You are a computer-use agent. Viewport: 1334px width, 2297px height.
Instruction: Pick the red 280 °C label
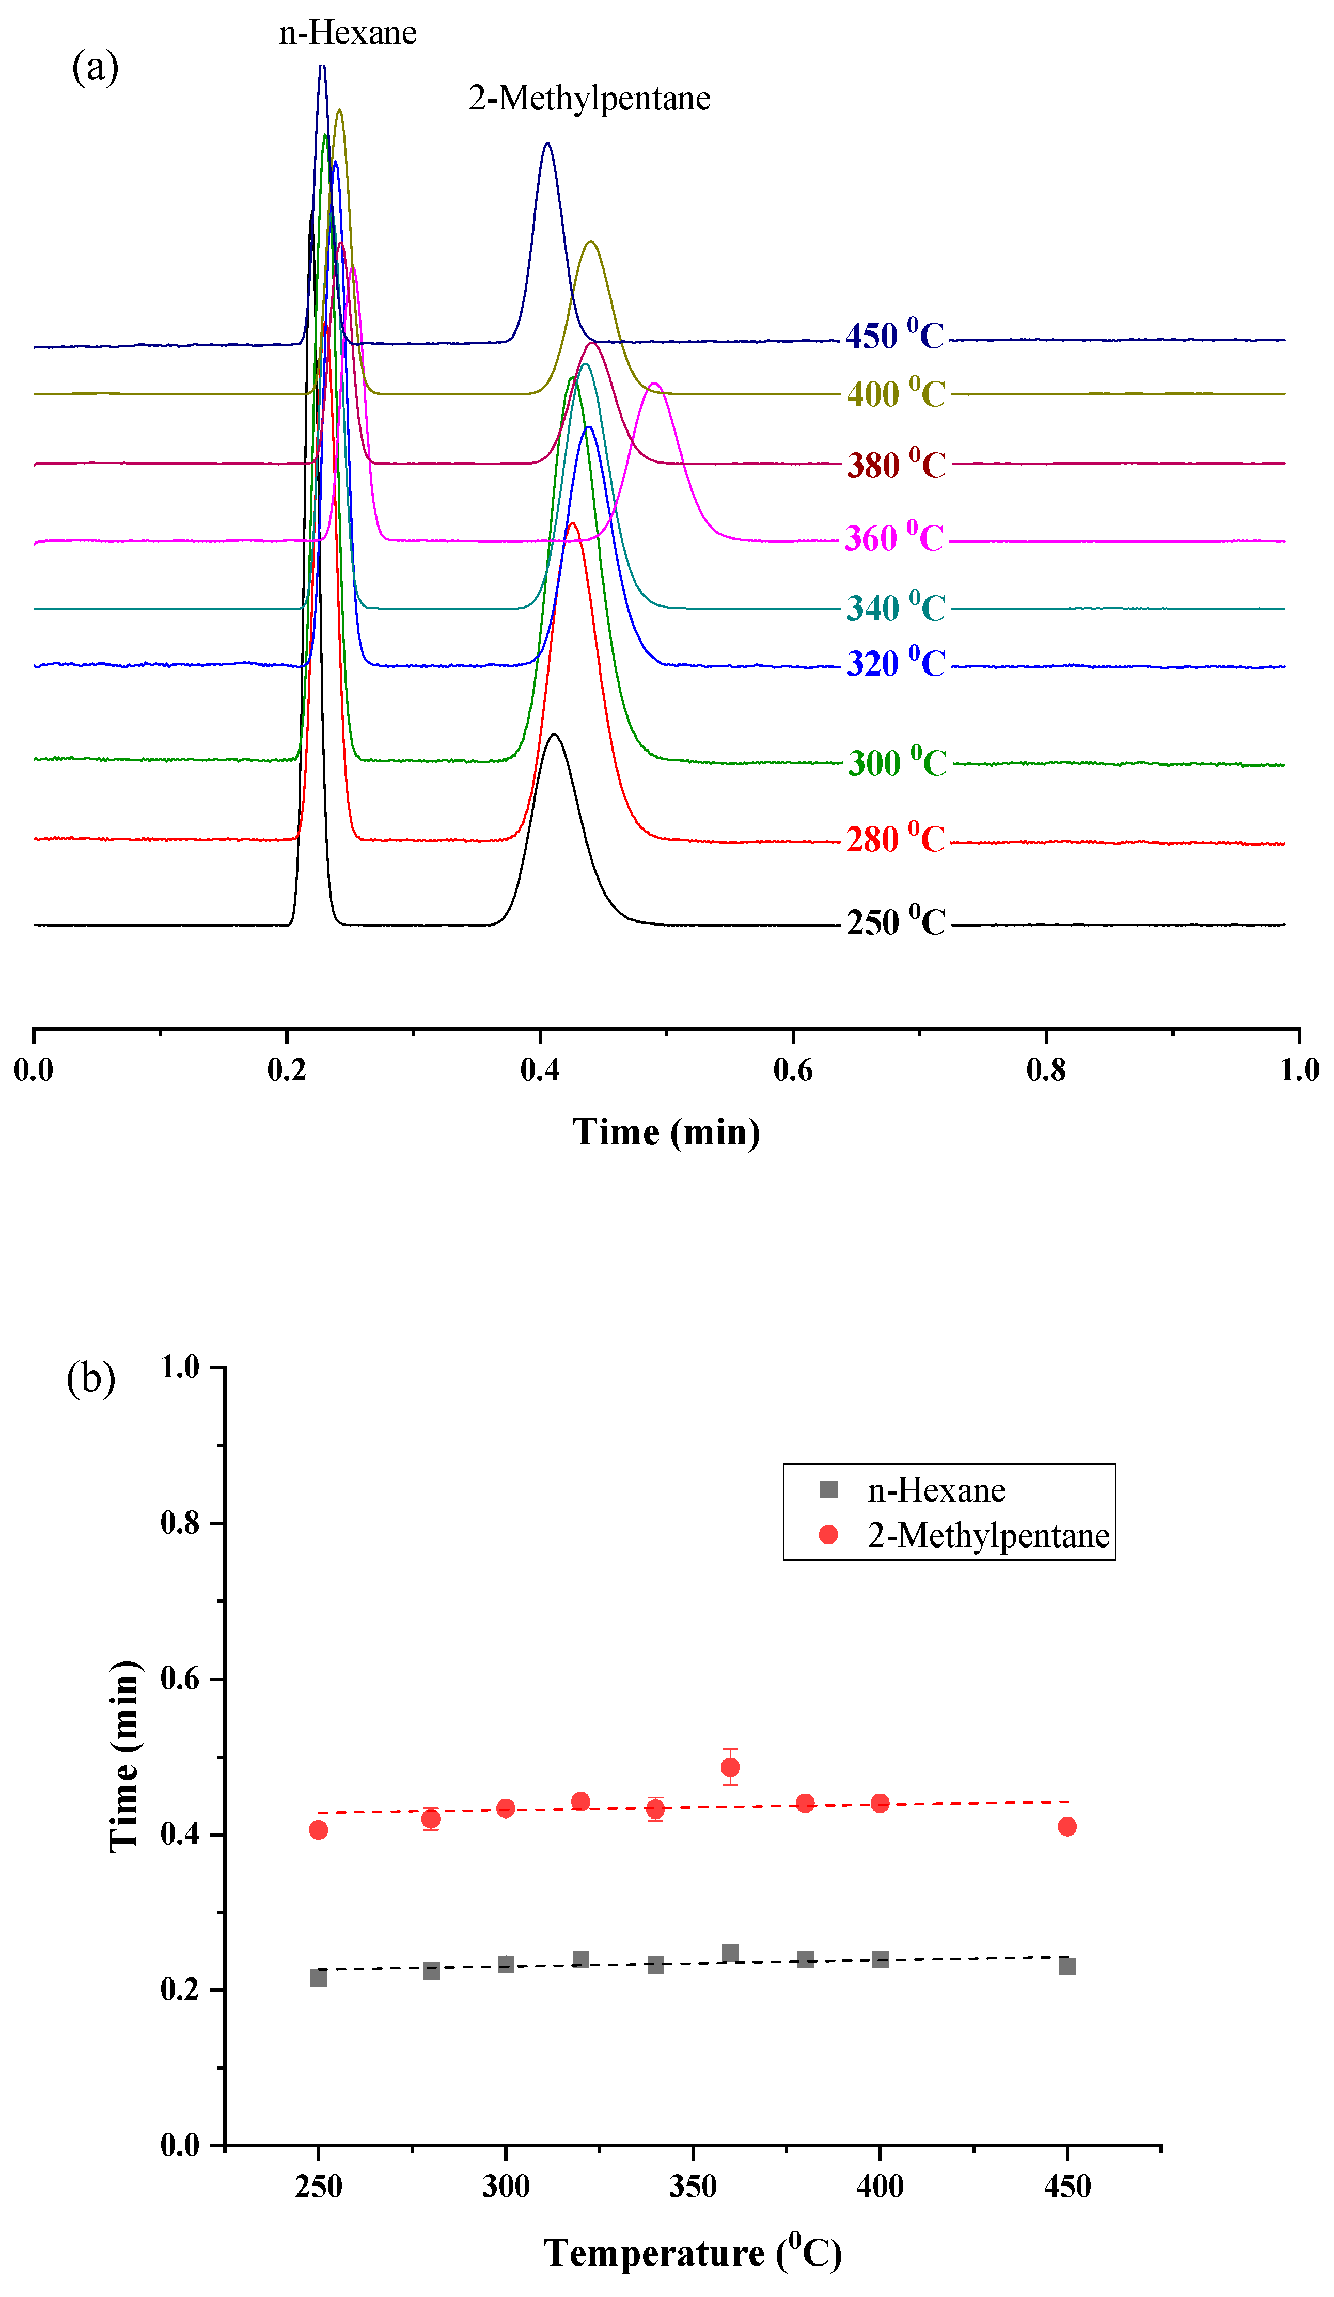896,839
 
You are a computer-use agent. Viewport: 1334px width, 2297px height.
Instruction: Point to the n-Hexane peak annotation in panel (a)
348,34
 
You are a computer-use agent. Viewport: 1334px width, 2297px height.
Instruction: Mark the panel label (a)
95,68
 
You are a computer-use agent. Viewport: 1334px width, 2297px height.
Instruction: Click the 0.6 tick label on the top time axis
792,1070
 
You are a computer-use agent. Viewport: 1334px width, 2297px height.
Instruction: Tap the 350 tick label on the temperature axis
693,2186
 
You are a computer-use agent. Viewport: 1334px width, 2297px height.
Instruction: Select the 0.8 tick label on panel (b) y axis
181,1523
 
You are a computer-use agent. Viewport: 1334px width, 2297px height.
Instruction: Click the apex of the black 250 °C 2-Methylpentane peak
554,735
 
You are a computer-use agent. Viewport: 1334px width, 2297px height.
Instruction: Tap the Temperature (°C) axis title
693,2253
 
